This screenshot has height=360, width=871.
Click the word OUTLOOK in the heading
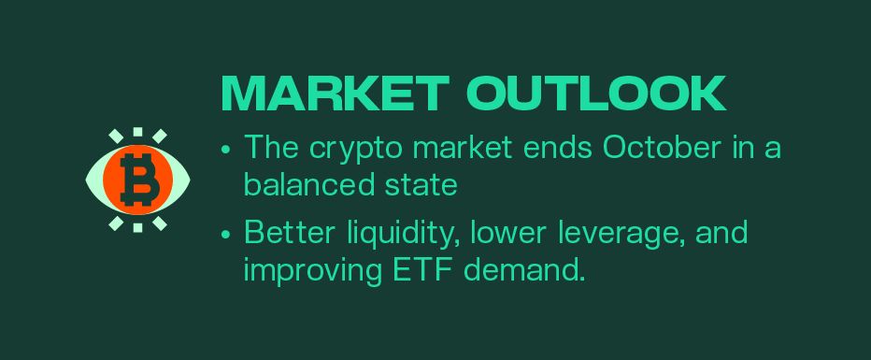pos(596,94)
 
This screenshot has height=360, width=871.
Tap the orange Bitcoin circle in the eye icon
pos(138,180)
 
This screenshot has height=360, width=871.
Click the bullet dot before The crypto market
pos(225,150)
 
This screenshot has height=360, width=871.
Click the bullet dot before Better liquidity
pos(225,234)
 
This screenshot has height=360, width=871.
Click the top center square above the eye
pos(138,132)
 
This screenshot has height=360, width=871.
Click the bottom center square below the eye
pos(138,227)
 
